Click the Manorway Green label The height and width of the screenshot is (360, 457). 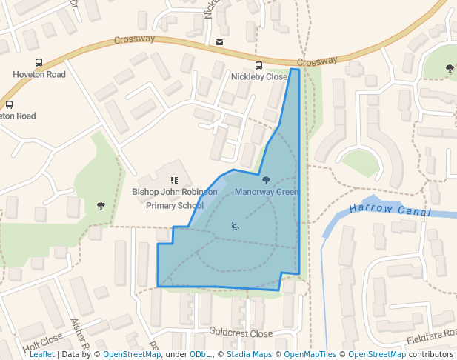click(x=267, y=193)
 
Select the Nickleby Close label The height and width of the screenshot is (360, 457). click(x=258, y=77)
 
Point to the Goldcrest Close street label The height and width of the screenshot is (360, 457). click(x=241, y=333)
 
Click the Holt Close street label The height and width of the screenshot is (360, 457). click(x=42, y=341)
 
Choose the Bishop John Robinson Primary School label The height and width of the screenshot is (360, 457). click(x=175, y=199)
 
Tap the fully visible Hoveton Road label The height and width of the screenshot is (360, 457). click(x=39, y=75)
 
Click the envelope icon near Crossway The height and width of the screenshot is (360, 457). click(x=219, y=42)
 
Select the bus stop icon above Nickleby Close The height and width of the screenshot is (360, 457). click(x=258, y=66)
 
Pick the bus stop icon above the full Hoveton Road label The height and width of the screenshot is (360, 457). click(x=39, y=63)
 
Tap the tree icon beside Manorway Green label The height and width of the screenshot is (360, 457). click(x=266, y=180)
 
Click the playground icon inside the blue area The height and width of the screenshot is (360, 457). click(x=235, y=226)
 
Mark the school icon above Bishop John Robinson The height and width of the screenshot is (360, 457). click(x=175, y=180)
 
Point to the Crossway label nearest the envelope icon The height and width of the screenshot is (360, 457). click(x=134, y=39)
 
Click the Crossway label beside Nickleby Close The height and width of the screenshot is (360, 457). click(x=317, y=61)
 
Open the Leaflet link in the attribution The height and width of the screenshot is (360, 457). click(x=42, y=354)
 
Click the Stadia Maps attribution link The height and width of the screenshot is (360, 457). click(x=249, y=354)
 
